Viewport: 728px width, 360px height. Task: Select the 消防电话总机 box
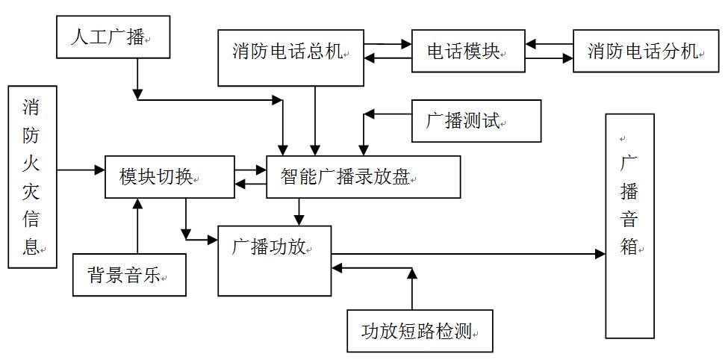(290, 57)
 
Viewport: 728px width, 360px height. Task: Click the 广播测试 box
(476, 121)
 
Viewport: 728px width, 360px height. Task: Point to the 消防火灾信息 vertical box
(31, 176)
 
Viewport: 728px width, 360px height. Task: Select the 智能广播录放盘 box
(363, 177)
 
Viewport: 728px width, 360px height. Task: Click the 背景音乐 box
(129, 274)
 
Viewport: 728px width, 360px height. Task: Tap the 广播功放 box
(274, 260)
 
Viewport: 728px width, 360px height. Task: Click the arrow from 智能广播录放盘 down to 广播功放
(299, 211)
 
